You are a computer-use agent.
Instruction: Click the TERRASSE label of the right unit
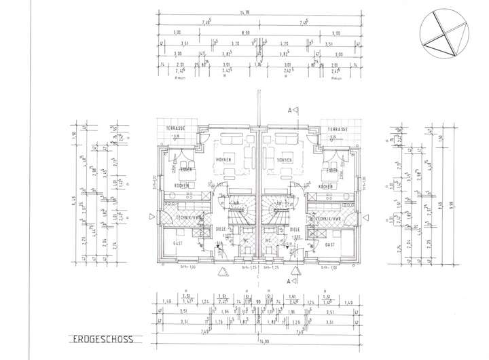tap(336, 129)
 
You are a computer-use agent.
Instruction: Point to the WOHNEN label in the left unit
tap(224, 160)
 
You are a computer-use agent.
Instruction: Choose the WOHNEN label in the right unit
tap(285, 160)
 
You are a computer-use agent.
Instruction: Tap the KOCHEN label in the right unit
tap(326, 186)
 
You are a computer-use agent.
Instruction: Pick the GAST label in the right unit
tap(331, 243)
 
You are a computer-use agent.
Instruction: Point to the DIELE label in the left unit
tap(221, 229)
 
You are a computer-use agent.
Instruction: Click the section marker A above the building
tap(289, 109)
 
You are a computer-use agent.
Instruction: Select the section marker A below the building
tap(289, 280)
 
